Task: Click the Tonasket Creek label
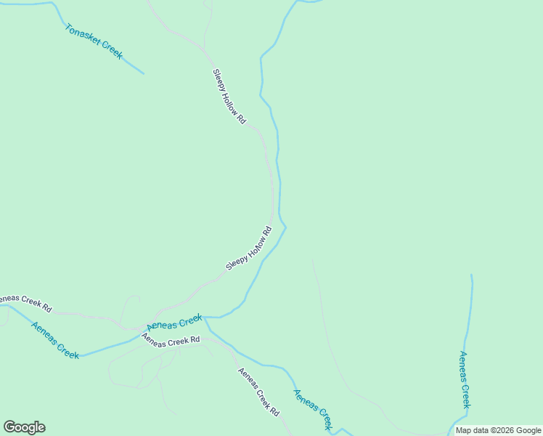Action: (94, 41)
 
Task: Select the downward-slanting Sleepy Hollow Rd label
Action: (229, 96)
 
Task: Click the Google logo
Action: (24, 427)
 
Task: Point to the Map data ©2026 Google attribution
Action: (498, 430)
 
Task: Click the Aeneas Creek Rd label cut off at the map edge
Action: (26, 303)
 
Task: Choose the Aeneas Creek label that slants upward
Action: (174, 322)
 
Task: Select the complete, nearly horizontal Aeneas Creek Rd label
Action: (171, 340)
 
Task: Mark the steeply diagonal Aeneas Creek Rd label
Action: (259, 392)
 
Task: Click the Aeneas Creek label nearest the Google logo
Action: (55, 340)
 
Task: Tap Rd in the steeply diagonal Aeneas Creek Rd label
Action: (274, 411)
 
